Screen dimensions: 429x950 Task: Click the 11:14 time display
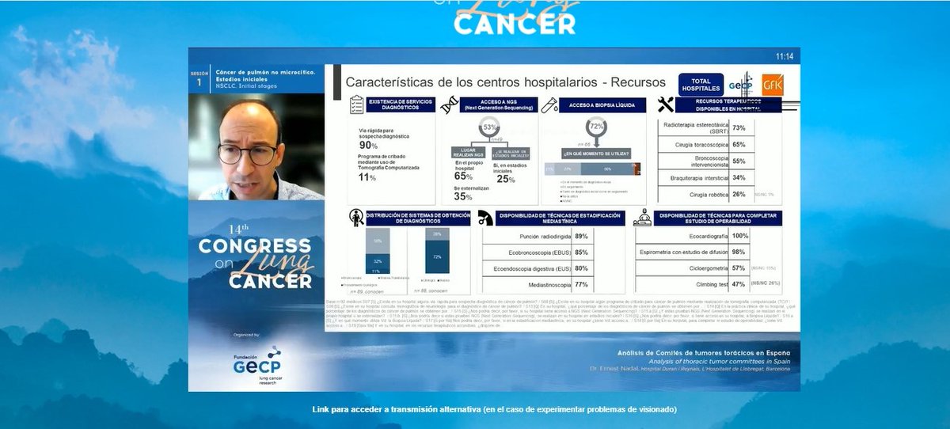(784, 56)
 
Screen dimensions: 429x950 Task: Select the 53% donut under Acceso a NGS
(490, 127)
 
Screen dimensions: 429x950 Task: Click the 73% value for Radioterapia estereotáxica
(739, 127)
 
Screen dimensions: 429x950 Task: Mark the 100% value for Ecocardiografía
(739, 236)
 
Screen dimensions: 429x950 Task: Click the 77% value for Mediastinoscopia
(581, 283)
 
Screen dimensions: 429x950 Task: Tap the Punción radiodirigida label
(541, 236)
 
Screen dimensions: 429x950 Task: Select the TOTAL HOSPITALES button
(701, 85)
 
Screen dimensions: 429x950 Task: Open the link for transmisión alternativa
(495, 409)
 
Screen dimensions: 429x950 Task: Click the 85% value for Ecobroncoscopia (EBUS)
(581, 252)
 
